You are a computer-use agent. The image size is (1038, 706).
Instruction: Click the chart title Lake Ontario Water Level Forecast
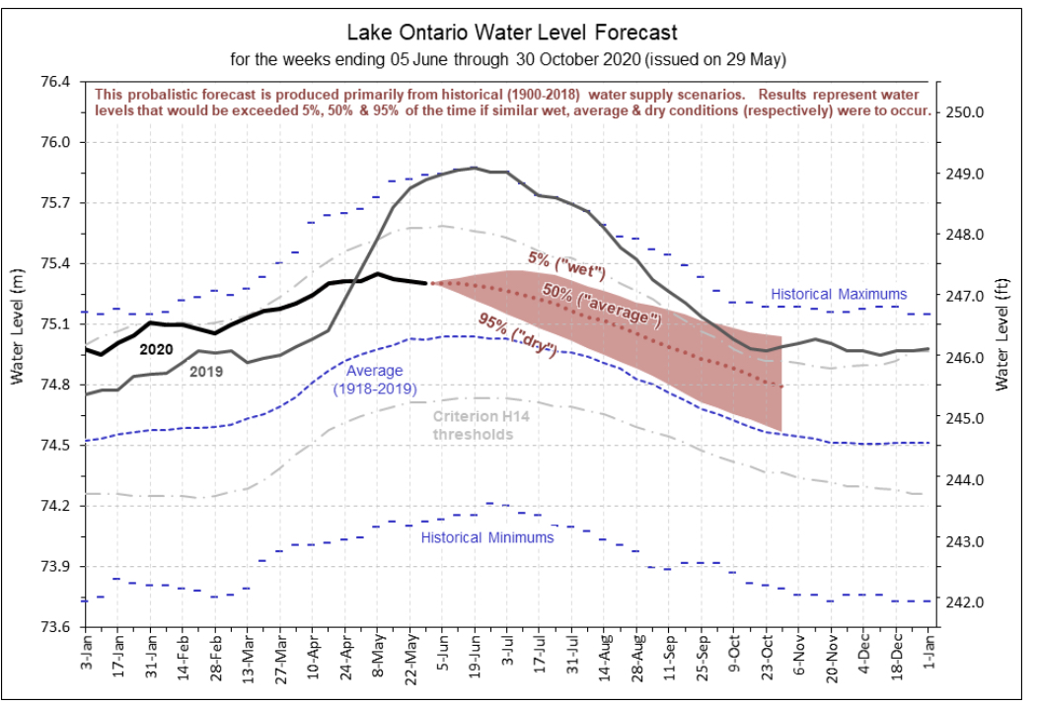(x=512, y=33)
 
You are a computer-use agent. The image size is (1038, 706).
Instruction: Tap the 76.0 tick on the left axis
(x=56, y=142)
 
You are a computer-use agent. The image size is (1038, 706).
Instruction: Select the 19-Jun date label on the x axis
(x=476, y=653)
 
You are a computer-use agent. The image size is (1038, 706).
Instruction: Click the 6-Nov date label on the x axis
(x=799, y=656)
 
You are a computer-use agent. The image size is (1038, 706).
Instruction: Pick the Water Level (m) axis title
(x=17, y=326)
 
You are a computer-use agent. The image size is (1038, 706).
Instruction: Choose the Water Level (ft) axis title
(x=1001, y=334)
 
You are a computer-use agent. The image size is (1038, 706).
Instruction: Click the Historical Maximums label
(x=839, y=295)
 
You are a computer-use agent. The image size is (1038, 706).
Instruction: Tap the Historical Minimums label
(x=487, y=538)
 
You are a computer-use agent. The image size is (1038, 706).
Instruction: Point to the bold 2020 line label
(x=156, y=349)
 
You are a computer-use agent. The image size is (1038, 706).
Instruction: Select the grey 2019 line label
(x=206, y=372)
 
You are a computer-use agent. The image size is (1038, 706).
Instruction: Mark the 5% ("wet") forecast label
(x=566, y=264)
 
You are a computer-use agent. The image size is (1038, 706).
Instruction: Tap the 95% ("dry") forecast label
(x=518, y=335)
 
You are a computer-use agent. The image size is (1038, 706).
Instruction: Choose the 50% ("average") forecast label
(x=602, y=305)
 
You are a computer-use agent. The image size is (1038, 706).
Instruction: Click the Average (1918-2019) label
(x=375, y=380)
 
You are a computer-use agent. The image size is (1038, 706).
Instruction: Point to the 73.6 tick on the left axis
(x=56, y=626)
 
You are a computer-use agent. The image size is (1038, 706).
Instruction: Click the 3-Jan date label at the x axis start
(x=87, y=653)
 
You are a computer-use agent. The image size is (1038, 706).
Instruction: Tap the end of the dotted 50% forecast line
(x=781, y=387)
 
